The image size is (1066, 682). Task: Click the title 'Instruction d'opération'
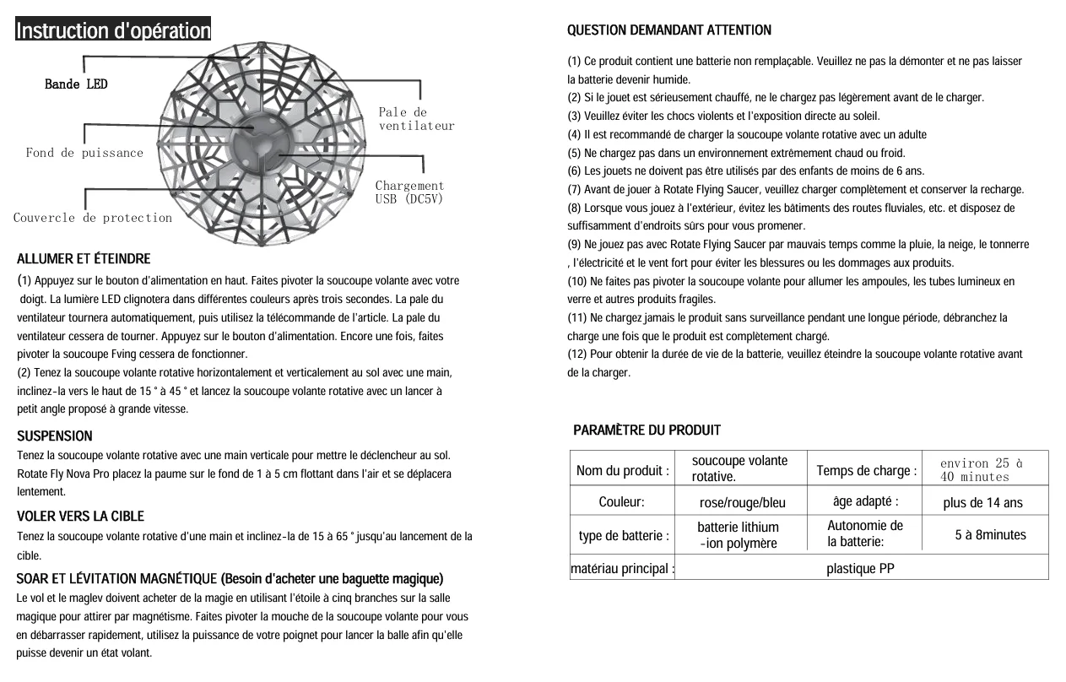point(113,31)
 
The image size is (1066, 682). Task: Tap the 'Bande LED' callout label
point(76,84)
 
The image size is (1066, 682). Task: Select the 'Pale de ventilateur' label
point(415,119)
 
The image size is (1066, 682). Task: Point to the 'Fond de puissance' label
point(84,153)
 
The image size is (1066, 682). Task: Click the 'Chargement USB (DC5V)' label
point(409,192)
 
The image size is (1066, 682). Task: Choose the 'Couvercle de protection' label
point(93,218)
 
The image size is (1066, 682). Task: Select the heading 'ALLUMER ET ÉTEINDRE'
point(84,259)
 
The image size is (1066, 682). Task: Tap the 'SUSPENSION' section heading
point(55,436)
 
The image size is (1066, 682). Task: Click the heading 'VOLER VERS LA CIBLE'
point(80,517)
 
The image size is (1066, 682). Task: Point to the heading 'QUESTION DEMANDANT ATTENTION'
point(668,30)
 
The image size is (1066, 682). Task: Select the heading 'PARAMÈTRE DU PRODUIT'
point(647,430)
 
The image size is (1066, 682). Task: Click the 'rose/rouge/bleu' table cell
point(742,503)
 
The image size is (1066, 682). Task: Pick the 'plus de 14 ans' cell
point(982,503)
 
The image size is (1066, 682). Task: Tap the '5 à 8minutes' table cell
point(990,535)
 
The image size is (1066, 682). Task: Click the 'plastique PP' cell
point(860,569)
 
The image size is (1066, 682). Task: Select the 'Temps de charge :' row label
point(866,471)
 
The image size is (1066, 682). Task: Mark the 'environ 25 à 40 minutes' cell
point(981,470)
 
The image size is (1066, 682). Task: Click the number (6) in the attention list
point(574,171)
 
